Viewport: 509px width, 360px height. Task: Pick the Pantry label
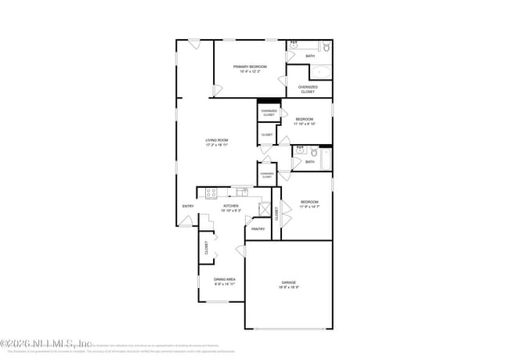click(258, 229)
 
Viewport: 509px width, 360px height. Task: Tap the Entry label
click(188, 206)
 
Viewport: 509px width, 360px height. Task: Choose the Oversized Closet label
click(309, 89)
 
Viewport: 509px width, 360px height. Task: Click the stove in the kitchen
click(211, 193)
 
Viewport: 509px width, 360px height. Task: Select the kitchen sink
click(241, 191)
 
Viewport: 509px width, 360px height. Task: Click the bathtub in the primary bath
click(320, 71)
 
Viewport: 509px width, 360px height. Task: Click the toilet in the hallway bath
click(312, 152)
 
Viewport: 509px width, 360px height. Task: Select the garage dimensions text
click(289, 287)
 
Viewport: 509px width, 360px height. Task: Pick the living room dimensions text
click(216, 146)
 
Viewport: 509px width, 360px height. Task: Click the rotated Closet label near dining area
click(207, 250)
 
